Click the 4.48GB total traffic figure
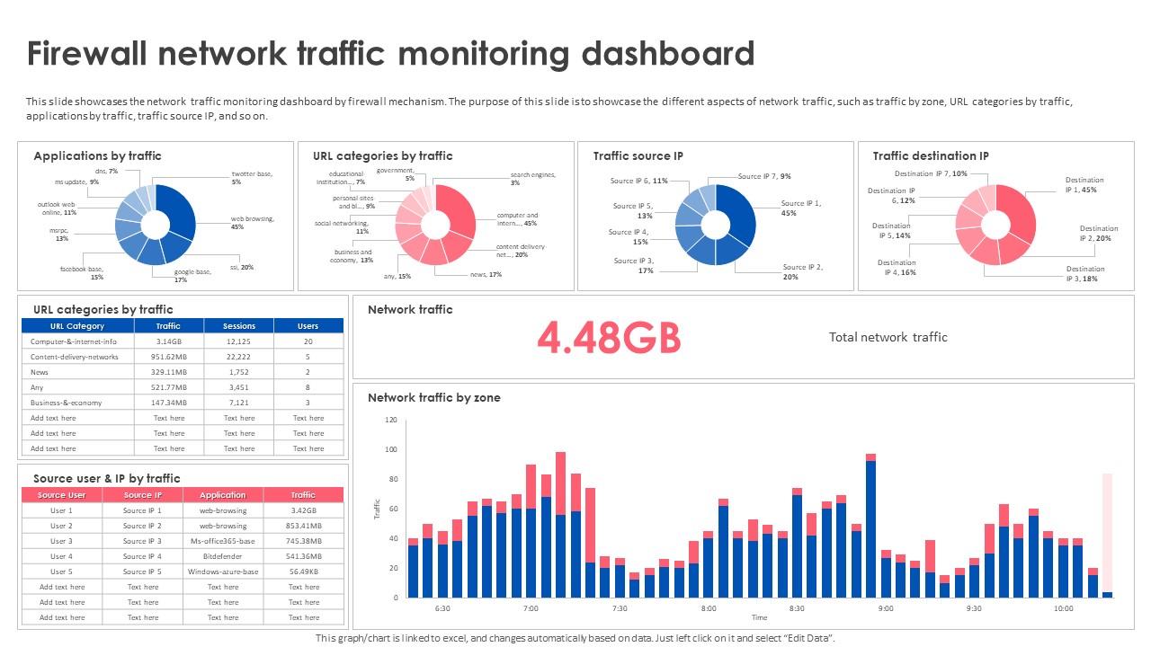(x=609, y=338)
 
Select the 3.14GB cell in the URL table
(x=168, y=341)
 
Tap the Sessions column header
(x=238, y=326)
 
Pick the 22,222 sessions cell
(x=238, y=357)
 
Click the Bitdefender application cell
(x=222, y=556)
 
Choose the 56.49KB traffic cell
(x=303, y=572)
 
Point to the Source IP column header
(x=142, y=495)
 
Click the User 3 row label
(x=61, y=541)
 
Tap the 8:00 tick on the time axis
(x=709, y=608)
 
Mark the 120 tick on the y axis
(x=390, y=420)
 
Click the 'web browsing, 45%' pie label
(x=252, y=223)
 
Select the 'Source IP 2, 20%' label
(x=802, y=272)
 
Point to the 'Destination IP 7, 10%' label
(x=931, y=173)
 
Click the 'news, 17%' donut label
(x=486, y=274)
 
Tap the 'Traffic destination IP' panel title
(x=931, y=156)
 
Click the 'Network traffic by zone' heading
(x=433, y=397)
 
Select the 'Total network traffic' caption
(x=888, y=337)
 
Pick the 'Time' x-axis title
(x=759, y=618)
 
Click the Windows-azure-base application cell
(x=222, y=572)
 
